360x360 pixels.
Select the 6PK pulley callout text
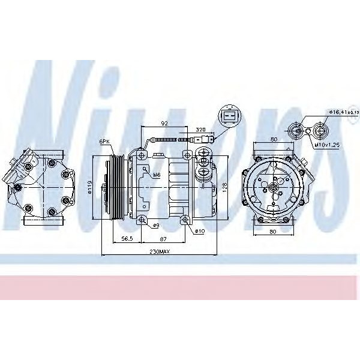(x=104, y=142)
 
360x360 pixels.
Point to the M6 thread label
(x=157, y=175)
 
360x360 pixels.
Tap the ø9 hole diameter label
(x=155, y=226)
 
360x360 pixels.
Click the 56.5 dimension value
(x=127, y=239)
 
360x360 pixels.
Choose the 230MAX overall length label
(x=160, y=252)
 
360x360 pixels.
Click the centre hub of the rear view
(x=273, y=187)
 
